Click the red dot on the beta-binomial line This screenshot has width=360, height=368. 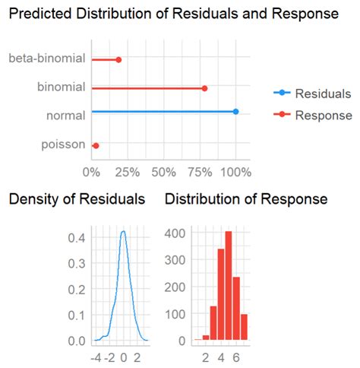click(118, 60)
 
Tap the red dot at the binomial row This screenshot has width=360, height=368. click(204, 88)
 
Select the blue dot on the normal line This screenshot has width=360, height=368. click(235, 112)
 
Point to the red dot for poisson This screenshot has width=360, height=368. click(96, 146)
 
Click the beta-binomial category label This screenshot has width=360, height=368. click(47, 59)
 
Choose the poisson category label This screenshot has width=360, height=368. click(63, 144)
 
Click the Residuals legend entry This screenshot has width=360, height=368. click(312, 94)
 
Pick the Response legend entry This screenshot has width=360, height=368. click(313, 115)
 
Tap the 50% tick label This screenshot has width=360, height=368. click(163, 173)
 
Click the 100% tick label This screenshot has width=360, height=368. click(235, 173)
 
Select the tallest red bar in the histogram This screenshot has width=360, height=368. click(229, 285)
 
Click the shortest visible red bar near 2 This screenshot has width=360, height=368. click(206, 338)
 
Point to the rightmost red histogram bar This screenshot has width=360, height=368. click(244, 327)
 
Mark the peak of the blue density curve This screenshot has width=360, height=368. click(123, 231)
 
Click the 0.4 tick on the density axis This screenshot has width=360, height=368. click(77, 238)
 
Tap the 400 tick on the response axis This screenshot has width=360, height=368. click(175, 233)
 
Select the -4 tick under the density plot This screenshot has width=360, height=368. click(96, 358)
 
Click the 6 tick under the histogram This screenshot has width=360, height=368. click(236, 358)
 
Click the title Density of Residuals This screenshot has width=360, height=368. click(77, 198)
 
